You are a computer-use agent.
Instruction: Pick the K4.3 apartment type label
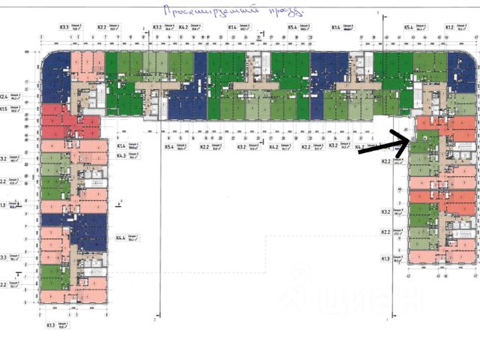[x=120, y=155]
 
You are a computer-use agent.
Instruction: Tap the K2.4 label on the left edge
[x=4, y=97]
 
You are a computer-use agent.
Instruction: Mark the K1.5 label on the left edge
[x=4, y=109]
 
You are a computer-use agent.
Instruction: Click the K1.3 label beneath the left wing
[x=51, y=325]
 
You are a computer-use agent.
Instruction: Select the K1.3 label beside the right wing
[x=386, y=259]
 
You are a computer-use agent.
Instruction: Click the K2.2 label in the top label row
[x=101, y=27]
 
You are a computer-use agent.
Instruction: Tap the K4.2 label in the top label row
[x=184, y=27]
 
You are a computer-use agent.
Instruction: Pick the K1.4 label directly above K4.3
[x=120, y=145]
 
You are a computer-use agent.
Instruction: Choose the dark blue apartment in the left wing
[x=75, y=229]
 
